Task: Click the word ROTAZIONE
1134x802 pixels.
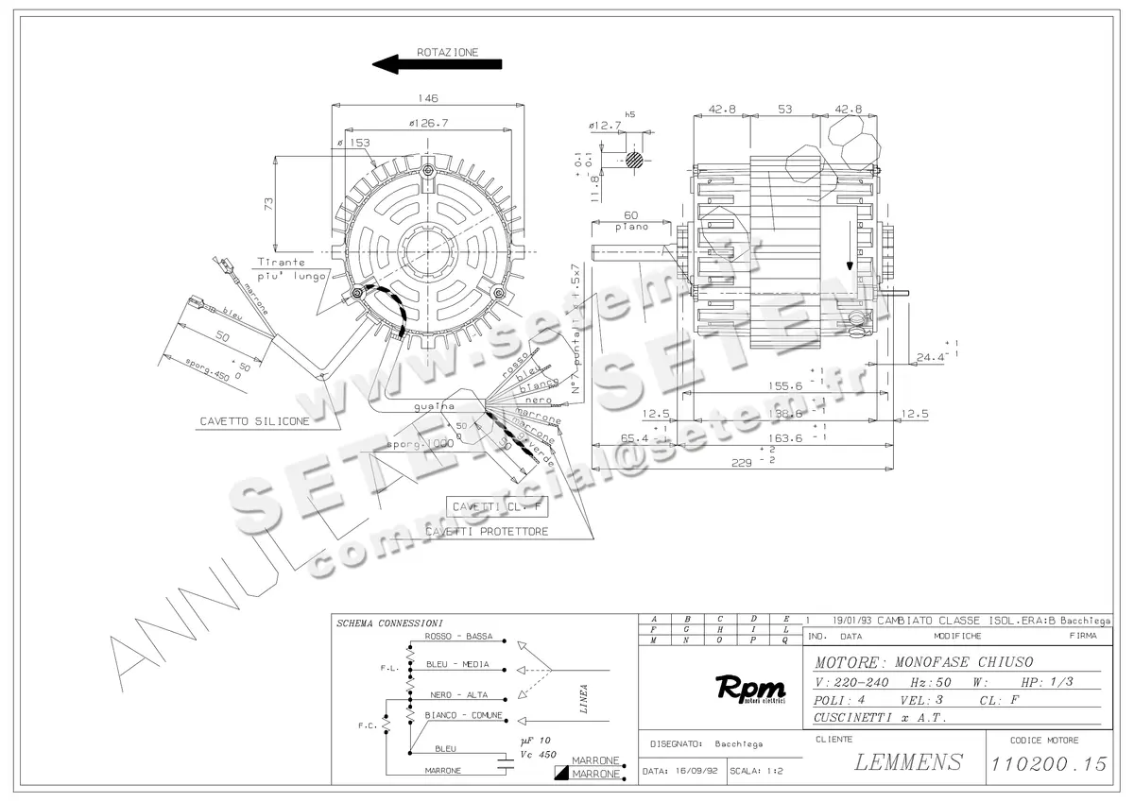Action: tap(448, 52)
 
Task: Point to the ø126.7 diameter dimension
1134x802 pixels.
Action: tap(428, 122)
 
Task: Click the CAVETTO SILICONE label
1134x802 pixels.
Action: tap(254, 421)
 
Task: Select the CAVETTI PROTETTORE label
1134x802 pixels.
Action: tap(500, 532)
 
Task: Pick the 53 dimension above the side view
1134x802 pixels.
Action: tap(784, 110)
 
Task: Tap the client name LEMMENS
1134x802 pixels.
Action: tap(908, 761)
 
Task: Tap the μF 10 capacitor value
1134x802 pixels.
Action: tap(536, 741)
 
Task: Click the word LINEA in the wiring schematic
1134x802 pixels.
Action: tap(585, 700)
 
